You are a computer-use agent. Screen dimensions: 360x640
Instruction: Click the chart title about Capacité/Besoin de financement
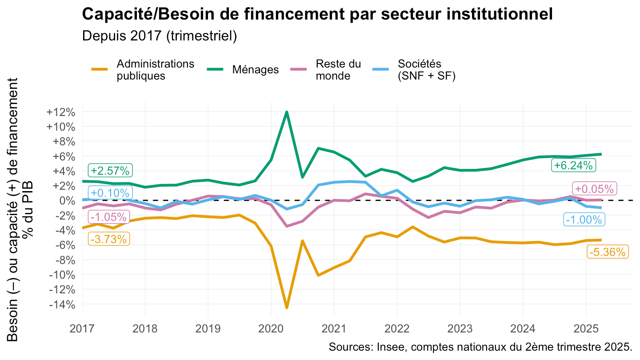(317, 14)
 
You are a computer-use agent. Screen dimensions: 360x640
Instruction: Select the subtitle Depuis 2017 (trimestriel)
(160, 36)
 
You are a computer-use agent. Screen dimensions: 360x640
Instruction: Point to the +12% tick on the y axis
(60, 112)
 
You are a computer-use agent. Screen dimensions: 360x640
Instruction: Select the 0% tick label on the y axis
(67, 200)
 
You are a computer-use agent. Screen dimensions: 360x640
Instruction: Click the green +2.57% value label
(110, 171)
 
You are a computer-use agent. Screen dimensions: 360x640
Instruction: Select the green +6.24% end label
(573, 166)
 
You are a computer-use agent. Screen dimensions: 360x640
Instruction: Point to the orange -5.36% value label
(607, 252)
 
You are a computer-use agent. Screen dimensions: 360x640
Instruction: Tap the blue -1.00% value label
(583, 220)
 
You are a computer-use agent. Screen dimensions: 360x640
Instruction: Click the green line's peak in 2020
(287, 112)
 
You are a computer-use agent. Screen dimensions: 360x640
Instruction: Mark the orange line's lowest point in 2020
(287, 308)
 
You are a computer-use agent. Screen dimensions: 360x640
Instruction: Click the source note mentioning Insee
(480, 347)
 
